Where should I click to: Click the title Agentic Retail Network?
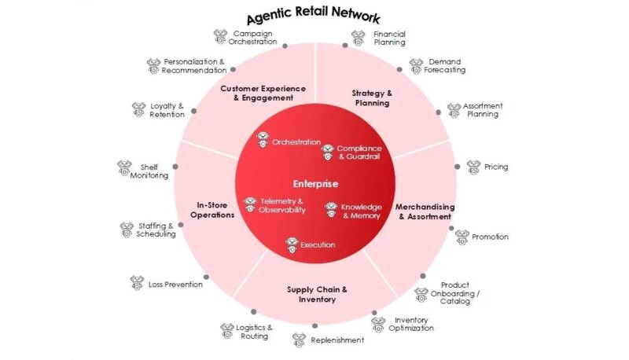[x=314, y=17]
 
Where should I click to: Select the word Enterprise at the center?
[x=315, y=184]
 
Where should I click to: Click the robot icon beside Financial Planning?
[x=359, y=38]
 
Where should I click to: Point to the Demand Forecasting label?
[x=446, y=65]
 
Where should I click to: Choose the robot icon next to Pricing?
[x=473, y=167]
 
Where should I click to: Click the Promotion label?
[x=490, y=237]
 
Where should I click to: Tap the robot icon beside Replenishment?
[x=299, y=340]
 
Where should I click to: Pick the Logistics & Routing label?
[x=254, y=331]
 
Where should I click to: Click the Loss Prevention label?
[x=175, y=284]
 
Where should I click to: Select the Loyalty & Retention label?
[x=167, y=110]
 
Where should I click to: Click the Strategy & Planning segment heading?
[x=372, y=97]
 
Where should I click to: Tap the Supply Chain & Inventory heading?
[x=317, y=294]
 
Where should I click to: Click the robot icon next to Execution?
[x=292, y=244]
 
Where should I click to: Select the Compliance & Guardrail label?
[x=359, y=152]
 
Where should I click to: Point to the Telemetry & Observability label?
[x=281, y=205]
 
